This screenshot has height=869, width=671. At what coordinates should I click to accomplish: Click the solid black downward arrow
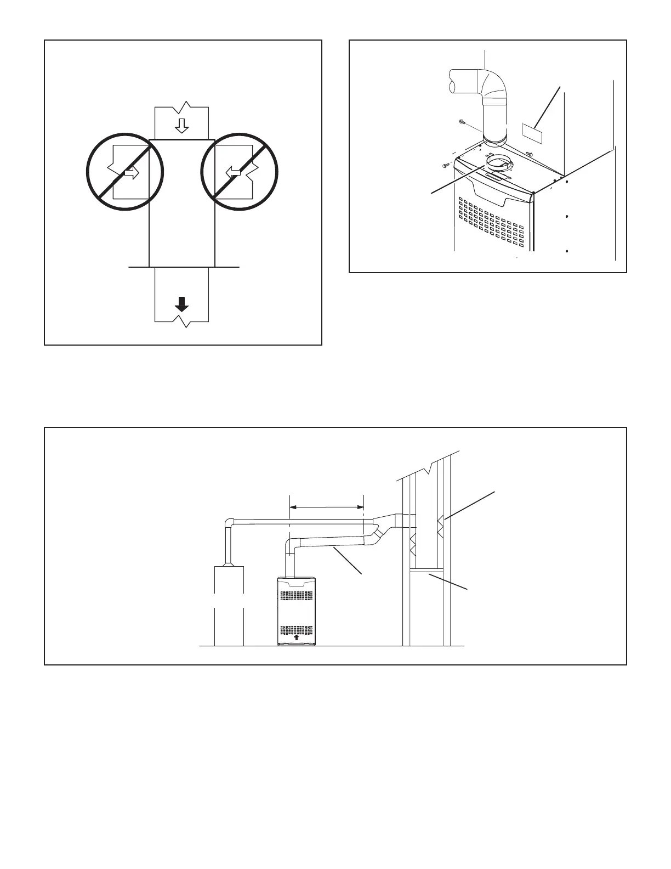[182, 303]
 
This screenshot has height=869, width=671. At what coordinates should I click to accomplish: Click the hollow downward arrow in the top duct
[181, 126]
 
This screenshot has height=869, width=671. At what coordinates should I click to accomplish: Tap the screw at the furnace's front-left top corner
[446, 165]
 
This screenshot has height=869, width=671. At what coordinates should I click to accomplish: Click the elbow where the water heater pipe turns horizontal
[231, 523]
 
